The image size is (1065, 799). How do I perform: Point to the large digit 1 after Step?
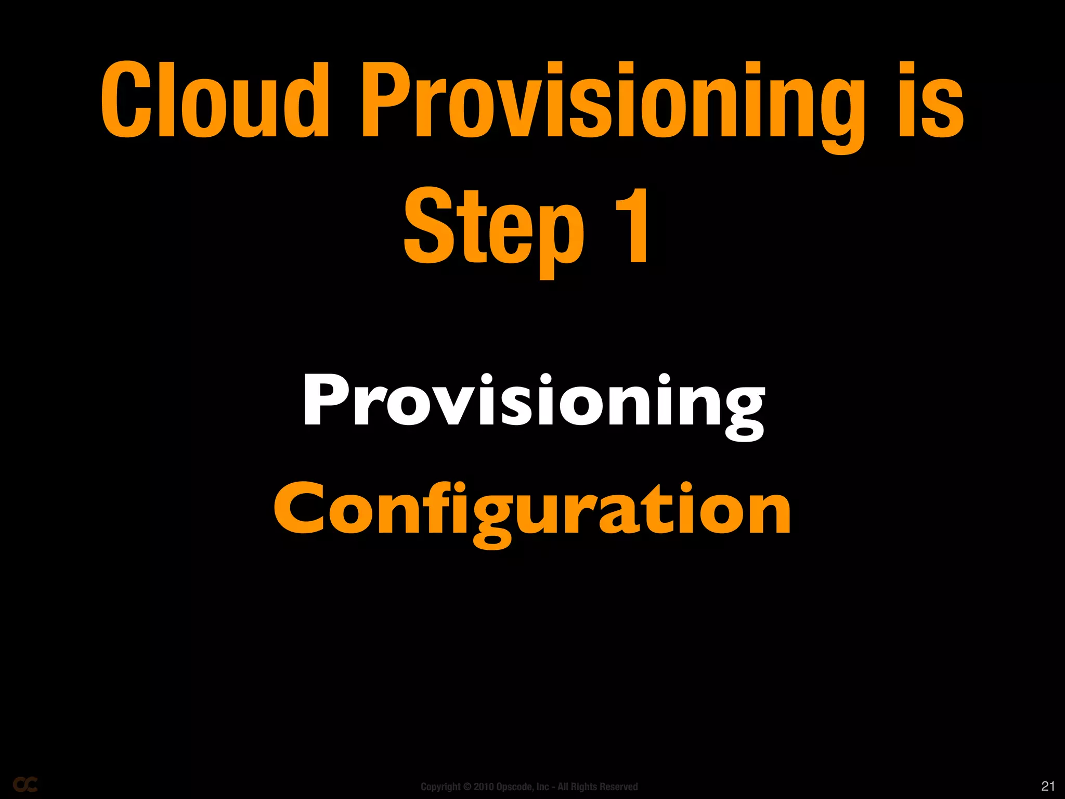tap(631, 226)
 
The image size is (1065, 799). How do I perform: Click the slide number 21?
tap(1048, 785)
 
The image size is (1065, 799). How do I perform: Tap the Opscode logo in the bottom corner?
tap(25, 784)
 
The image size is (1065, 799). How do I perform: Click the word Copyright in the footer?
tap(440, 787)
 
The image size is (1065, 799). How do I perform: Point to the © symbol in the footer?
tap(467, 787)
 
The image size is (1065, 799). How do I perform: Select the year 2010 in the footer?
tap(484, 787)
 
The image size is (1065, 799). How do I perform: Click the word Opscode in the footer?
tap(515, 787)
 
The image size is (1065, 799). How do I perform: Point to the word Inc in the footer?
tap(542, 787)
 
